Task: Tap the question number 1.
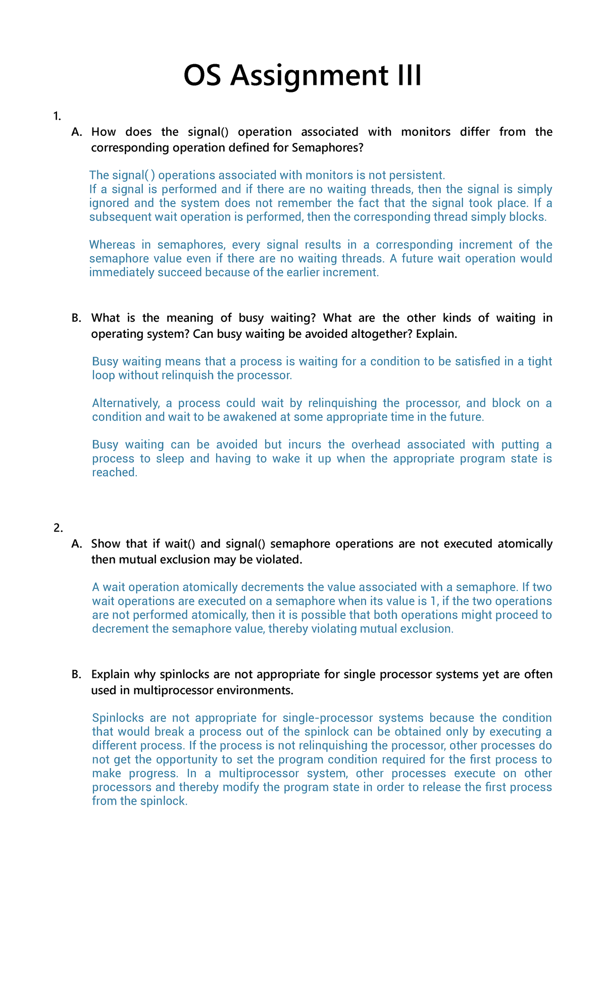57,117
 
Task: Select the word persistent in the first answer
419,175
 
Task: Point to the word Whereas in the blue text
111,245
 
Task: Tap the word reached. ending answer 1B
115,473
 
